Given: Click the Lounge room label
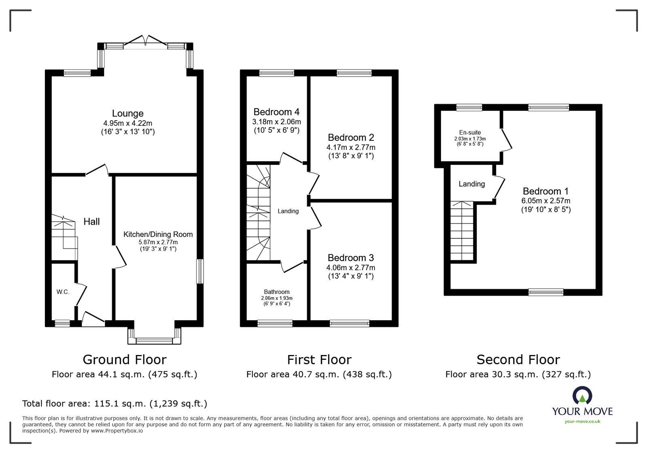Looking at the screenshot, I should pos(127,113).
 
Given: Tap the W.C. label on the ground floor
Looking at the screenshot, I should pos(63,292).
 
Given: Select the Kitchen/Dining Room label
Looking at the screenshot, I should pos(158,234).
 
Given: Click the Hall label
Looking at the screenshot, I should pos(91,221).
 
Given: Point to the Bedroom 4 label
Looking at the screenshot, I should pos(276,112).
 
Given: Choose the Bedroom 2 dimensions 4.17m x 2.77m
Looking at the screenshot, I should pos(351,147).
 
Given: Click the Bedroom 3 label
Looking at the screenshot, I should pos(350,258).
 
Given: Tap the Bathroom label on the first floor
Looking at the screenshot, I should pos(277,292).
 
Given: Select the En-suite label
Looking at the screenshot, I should pos(470,132).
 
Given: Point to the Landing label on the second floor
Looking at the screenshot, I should pos(471,184).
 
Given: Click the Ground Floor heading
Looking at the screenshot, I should pos(124,359).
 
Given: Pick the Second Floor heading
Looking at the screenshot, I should pos(518,359).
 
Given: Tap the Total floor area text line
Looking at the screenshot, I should pos(115,404).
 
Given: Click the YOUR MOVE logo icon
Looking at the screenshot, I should pos(582,396).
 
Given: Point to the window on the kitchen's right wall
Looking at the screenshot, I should pos(200,271).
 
